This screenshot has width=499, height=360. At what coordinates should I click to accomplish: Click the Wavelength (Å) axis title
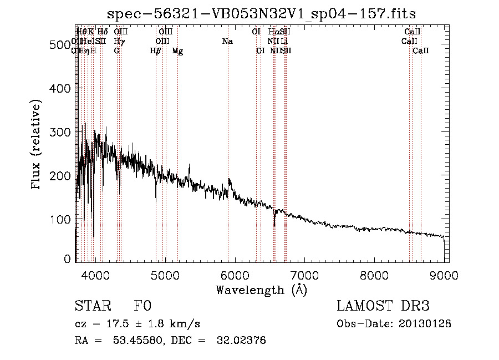tap(261, 290)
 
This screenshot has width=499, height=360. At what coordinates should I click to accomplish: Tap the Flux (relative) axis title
tap(37, 145)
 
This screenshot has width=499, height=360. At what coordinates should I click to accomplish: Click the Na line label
tap(227, 42)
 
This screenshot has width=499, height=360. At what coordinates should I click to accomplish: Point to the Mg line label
tap(177, 51)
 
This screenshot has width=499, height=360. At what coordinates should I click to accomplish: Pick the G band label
tap(116, 51)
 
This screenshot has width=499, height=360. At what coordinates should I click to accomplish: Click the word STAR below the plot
tap(89, 306)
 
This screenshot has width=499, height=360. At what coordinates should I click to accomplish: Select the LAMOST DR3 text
tap(383, 306)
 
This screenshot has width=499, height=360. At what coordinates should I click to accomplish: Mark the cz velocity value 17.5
tap(111, 324)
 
